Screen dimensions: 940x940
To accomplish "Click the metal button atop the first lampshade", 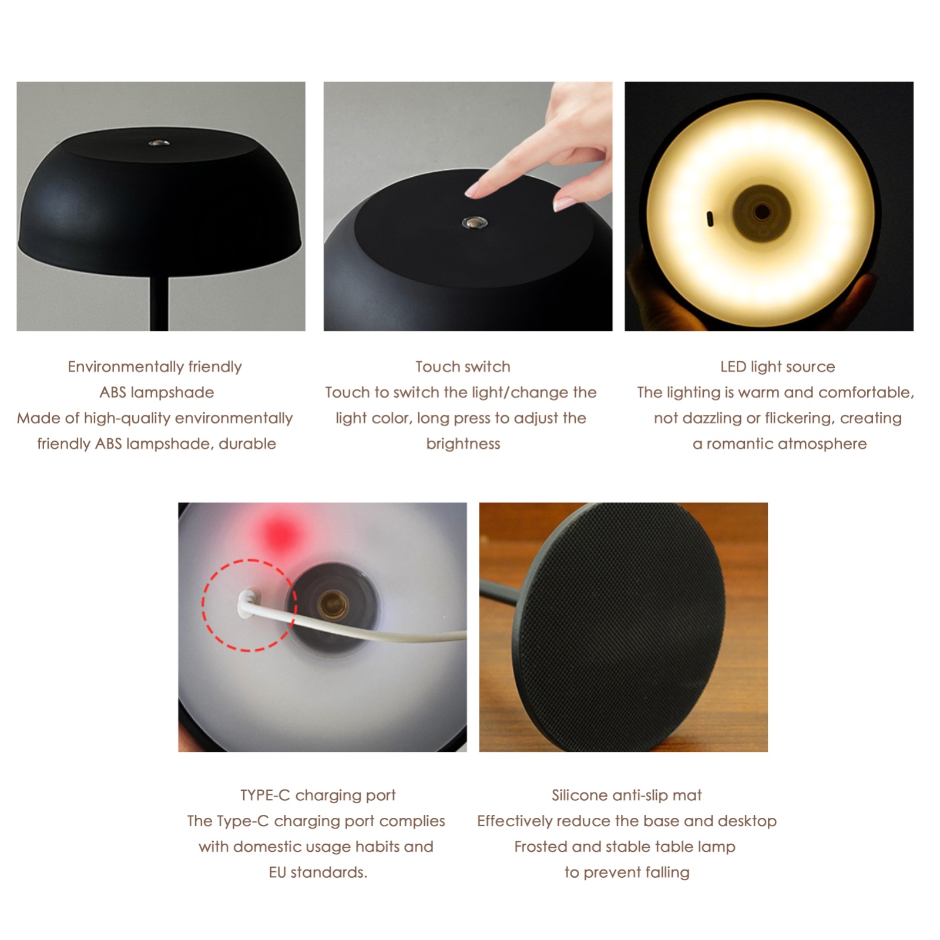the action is [159, 143].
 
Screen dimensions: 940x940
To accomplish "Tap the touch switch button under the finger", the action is [474, 223].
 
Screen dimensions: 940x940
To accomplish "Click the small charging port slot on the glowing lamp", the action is [710, 219].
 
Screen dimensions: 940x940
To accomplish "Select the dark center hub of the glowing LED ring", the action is [761, 212].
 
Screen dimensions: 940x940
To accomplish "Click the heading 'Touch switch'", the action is [463, 367].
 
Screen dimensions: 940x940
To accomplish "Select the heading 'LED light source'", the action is [777, 367].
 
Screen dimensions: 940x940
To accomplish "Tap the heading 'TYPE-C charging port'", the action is [318, 795].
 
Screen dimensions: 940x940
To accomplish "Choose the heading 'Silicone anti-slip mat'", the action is [626, 795].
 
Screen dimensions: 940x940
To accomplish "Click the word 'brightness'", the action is [463, 444].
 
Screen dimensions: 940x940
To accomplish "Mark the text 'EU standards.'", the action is [318, 872].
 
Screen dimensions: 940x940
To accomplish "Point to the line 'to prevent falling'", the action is [627, 872].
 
